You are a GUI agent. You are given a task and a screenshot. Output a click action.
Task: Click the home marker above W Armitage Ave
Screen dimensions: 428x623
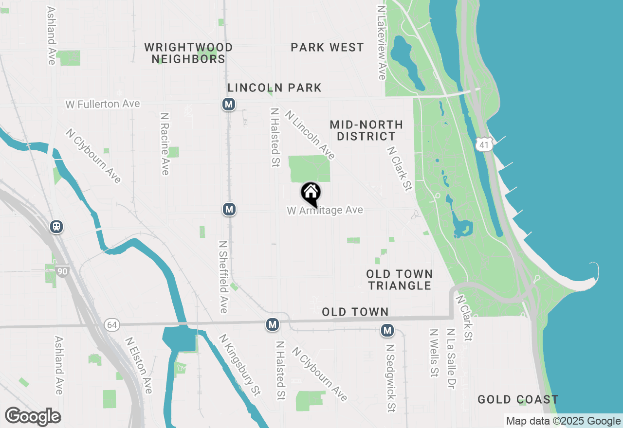pos(311,194)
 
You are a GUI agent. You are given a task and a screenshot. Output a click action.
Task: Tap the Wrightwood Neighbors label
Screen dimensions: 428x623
pos(188,53)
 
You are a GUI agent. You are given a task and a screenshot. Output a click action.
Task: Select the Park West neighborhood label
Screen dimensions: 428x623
pos(327,48)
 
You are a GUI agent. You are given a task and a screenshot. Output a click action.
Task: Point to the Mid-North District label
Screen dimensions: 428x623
pos(366,131)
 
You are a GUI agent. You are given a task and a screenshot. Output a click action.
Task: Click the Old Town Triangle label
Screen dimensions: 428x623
pos(400,280)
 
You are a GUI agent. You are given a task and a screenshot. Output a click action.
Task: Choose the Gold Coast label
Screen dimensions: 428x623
pos(518,400)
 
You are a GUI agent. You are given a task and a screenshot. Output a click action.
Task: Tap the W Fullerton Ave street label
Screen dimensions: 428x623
pos(103,104)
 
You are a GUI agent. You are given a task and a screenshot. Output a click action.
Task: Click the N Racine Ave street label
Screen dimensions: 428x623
pos(165,144)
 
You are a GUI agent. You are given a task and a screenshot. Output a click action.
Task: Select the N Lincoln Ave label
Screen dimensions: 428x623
pos(311,135)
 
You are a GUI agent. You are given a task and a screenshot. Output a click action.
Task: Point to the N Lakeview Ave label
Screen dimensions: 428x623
pos(382,43)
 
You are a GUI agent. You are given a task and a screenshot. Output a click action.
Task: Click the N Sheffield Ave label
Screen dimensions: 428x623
pos(223,277)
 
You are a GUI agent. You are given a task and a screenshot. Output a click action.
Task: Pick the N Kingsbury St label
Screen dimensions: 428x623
pos(239,364)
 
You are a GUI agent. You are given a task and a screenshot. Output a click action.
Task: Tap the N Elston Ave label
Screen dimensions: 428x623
pos(139,365)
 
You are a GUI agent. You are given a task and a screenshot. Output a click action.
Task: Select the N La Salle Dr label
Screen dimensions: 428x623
pos(451,358)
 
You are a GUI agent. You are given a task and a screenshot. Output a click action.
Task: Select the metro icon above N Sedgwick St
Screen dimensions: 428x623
pos(387,331)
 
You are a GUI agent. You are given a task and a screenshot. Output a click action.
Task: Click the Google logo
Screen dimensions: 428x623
pos(33,417)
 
